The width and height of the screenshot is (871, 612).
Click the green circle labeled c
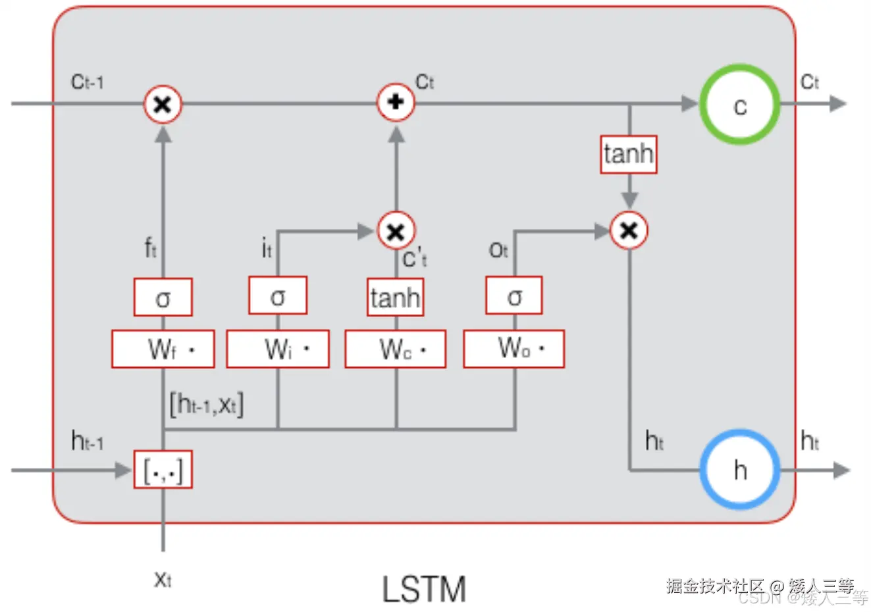point(739,105)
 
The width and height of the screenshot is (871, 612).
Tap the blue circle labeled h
point(739,470)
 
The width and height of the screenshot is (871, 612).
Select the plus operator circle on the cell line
point(396,103)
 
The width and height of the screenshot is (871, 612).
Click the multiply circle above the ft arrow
point(163,105)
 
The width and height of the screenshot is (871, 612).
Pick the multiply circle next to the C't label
point(396,231)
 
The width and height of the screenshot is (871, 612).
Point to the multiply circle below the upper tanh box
point(629,230)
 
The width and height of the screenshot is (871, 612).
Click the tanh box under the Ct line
point(628,155)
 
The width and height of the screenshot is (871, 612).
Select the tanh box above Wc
point(395,297)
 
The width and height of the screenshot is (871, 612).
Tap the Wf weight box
point(163,349)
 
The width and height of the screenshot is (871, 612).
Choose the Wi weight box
point(278,349)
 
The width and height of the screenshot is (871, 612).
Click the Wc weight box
point(396,349)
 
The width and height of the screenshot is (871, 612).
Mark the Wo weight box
point(514,348)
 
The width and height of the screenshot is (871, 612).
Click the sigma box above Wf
point(163,297)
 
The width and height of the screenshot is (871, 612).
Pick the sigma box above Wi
point(278,296)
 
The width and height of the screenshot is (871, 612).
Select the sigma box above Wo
point(514,296)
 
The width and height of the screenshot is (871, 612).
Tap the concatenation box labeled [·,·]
point(163,470)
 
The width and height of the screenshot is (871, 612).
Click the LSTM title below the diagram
point(424,589)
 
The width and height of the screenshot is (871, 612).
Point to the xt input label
point(163,579)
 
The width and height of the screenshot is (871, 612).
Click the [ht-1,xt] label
point(207,403)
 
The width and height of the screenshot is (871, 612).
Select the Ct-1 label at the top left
point(88,82)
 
